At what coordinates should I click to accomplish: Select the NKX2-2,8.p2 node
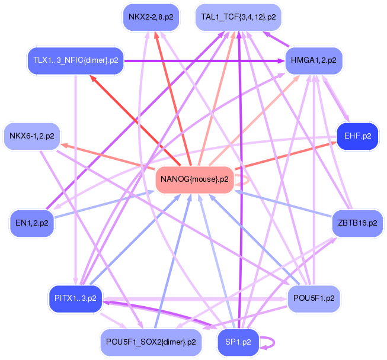[x=151, y=17]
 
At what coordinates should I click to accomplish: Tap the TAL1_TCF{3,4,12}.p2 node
[x=238, y=17]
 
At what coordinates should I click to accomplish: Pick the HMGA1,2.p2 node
[x=314, y=61]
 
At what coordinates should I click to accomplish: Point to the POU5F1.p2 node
[x=314, y=298]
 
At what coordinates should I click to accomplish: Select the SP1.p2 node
[x=238, y=342]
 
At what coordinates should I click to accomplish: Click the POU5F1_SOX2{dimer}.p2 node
[x=151, y=342]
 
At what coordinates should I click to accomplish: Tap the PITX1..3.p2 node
[x=75, y=298]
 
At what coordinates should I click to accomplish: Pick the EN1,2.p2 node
[x=32, y=223]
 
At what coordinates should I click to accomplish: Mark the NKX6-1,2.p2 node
[x=32, y=136]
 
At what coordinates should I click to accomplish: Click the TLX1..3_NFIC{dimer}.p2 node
[x=75, y=61]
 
